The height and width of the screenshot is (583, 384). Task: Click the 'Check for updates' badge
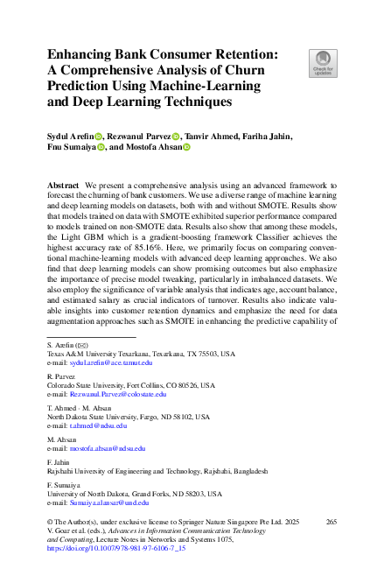[x=323, y=62]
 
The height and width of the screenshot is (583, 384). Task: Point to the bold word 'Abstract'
[x=63, y=187]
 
